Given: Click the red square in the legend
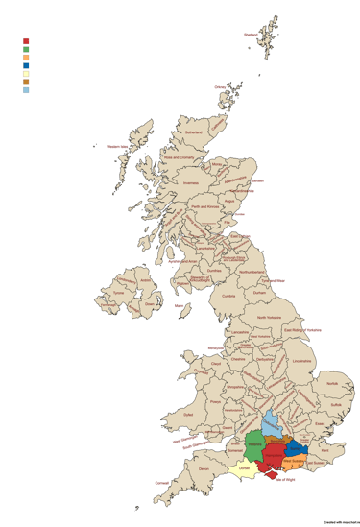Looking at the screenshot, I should (26, 41).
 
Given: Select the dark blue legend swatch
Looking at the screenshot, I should (26, 65).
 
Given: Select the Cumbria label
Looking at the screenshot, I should (228, 296).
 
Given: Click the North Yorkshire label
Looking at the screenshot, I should (269, 316).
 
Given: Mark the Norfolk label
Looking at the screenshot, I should (331, 383).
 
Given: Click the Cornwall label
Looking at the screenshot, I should (160, 483).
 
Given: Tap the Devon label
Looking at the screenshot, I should (203, 468).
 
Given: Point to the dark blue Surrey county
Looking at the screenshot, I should (297, 447).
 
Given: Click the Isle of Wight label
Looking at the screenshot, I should (285, 479).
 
